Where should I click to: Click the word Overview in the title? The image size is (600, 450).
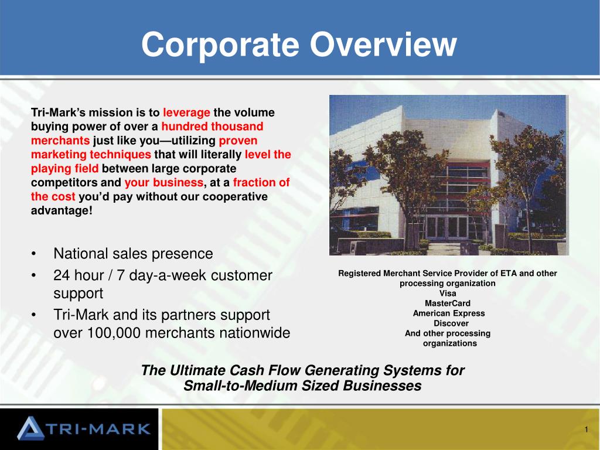pyautogui.click(x=383, y=44)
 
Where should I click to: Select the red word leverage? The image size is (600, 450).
pyautogui.click(x=186, y=112)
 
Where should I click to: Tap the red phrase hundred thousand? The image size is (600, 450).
pyautogui.click(x=212, y=127)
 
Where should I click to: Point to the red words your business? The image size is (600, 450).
pyautogui.click(x=164, y=183)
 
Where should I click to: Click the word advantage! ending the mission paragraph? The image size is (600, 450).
pyautogui.click(x=62, y=211)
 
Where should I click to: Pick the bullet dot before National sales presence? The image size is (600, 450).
pyautogui.click(x=35, y=254)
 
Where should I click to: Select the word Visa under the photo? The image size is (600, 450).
pyautogui.click(x=448, y=294)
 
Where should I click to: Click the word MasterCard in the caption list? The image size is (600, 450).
pyautogui.click(x=448, y=304)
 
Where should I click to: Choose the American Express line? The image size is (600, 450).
pyautogui.click(x=449, y=313)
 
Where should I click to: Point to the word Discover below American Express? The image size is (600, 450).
pyautogui.click(x=451, y=323)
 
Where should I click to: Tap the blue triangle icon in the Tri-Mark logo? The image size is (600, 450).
pyautogui.click(x=30, y=428)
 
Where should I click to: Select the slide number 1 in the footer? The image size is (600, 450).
pyautogui.click(x=586, y=429)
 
